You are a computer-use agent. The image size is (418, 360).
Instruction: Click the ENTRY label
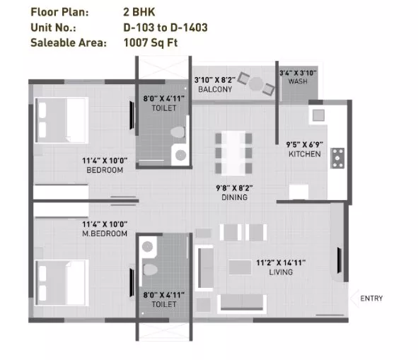[371, 298]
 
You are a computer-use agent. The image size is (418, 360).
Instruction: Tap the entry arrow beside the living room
[354, 298]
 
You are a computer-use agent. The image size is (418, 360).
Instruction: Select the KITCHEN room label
[305, 154]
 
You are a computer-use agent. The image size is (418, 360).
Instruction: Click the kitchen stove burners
[337, 158]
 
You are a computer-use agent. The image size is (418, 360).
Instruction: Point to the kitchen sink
[318, 115]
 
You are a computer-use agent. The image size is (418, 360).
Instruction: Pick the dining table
[233, 153]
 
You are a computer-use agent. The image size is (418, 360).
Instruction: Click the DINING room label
[235, 197]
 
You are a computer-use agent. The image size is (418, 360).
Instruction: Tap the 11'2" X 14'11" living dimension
[281, 263]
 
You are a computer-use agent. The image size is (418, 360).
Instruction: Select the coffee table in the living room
[240, 267]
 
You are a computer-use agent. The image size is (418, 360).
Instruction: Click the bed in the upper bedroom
[62, 120]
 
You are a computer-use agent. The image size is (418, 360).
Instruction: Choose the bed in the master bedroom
[62, 283]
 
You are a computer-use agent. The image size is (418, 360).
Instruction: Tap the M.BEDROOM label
[105, 233]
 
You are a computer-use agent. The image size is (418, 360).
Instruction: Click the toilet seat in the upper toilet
[178, 132]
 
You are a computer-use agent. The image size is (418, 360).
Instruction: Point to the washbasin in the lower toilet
[147, 247]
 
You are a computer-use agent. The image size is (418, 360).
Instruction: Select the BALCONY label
[215, 89]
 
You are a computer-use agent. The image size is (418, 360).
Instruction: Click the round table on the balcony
[256, 83]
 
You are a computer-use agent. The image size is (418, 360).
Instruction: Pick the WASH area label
[298, 81]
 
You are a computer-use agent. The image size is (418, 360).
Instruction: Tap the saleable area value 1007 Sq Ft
[151, 42]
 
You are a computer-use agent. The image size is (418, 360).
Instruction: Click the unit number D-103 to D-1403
[166, 28]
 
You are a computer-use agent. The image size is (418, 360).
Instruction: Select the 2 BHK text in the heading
[139, 12]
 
